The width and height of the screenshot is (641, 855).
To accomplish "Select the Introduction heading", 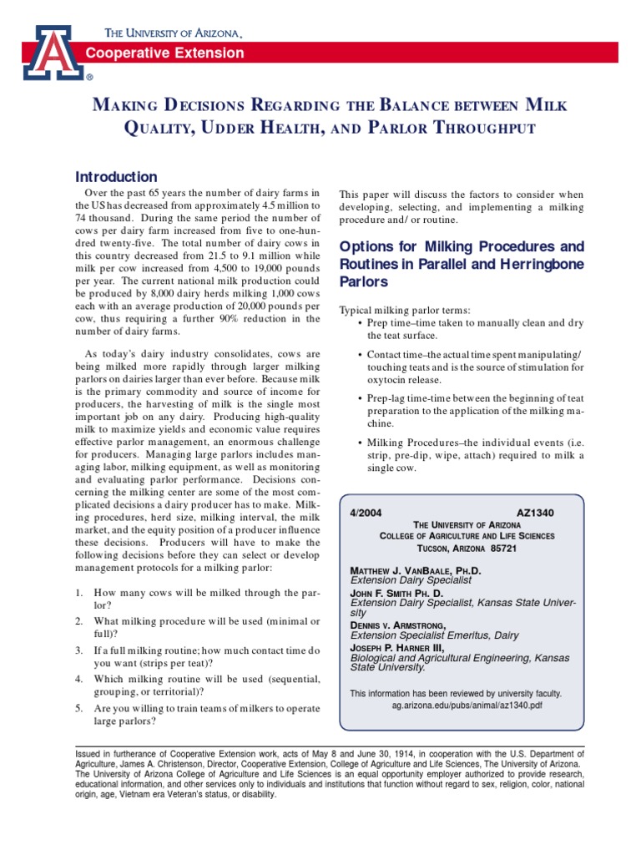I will [116, 177].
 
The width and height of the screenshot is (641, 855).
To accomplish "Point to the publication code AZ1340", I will [536, 512].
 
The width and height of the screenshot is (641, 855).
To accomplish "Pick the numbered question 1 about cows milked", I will [196, 599].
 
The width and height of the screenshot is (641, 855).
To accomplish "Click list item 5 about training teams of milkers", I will [196, 715].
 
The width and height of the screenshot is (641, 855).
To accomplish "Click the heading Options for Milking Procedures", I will [461, 247].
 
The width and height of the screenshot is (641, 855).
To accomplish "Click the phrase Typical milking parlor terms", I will [404, 311].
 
